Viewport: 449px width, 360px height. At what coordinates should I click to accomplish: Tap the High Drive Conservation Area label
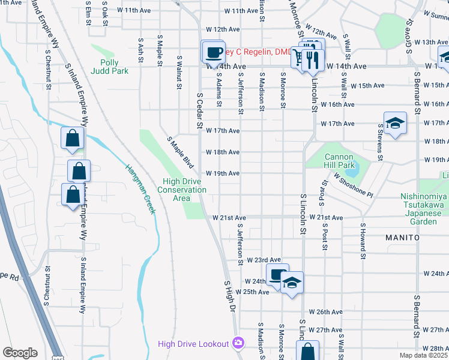point(182,186)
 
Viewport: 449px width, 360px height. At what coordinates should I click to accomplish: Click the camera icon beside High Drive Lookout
point(238,343)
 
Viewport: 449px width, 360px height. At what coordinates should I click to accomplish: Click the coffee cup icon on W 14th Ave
point(213,53)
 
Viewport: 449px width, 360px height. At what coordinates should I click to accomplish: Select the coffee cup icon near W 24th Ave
point(277,276)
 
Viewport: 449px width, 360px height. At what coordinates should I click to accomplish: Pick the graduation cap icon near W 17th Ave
point(394,124)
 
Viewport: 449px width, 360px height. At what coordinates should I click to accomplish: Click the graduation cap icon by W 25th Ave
point(292,283)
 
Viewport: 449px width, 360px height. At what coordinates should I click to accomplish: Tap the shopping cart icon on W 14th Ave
point(298,58)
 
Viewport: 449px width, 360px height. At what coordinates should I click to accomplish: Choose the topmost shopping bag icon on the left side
point(72,139)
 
